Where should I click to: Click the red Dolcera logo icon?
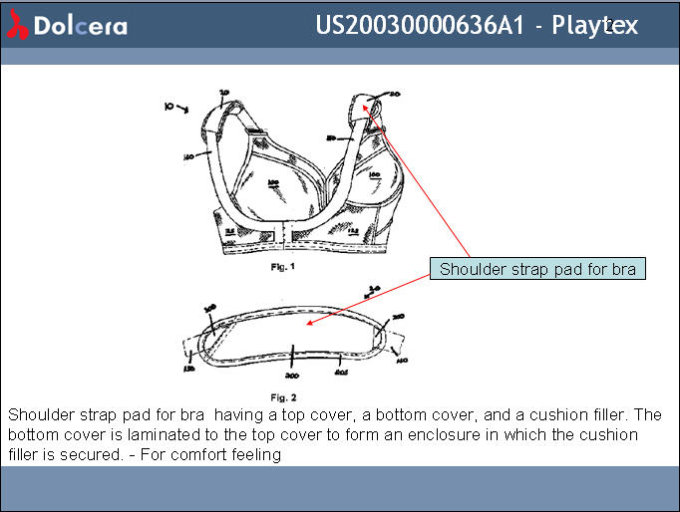[17, 26]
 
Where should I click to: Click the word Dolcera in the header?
[80, 26]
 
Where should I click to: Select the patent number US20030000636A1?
[420, 25]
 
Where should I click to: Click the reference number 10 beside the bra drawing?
[170, 104]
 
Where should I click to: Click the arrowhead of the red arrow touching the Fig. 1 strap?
[370, 104]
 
